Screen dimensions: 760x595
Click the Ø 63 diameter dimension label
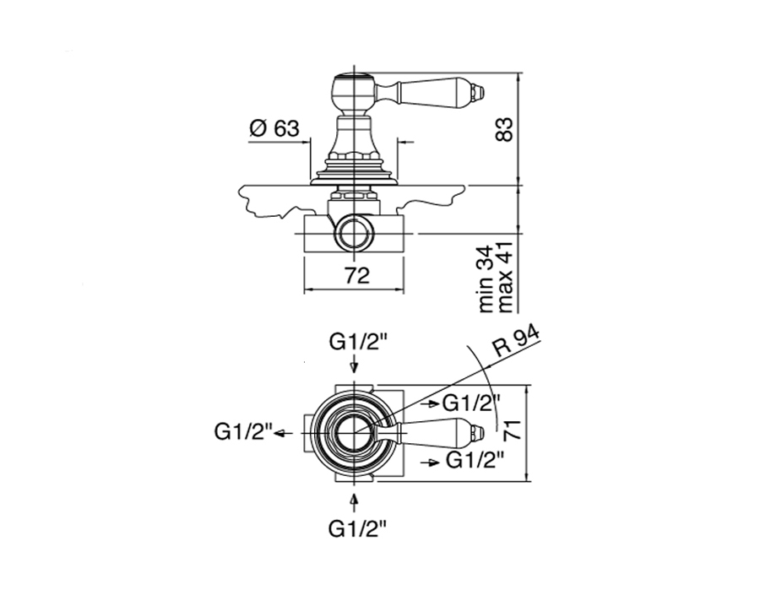tap(274, 128)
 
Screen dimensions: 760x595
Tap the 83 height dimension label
tap(504, 129)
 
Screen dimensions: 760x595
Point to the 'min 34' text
tap(486, 279)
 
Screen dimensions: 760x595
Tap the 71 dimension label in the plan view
tap(513, 430)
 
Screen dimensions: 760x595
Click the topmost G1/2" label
tap(358, 343)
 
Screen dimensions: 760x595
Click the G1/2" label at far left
tap(243, 432)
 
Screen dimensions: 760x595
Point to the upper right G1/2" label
tap(471, 403)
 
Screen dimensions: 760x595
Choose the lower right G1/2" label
tap(475, 460)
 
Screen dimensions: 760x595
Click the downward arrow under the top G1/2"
tap(355, 365)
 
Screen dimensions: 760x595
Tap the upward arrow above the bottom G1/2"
tap(355, 502)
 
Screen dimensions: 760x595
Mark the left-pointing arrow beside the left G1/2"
tap(284, 433)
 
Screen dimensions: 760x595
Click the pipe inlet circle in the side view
tap(356, 234)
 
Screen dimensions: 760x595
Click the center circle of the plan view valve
tap(356, 433)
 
